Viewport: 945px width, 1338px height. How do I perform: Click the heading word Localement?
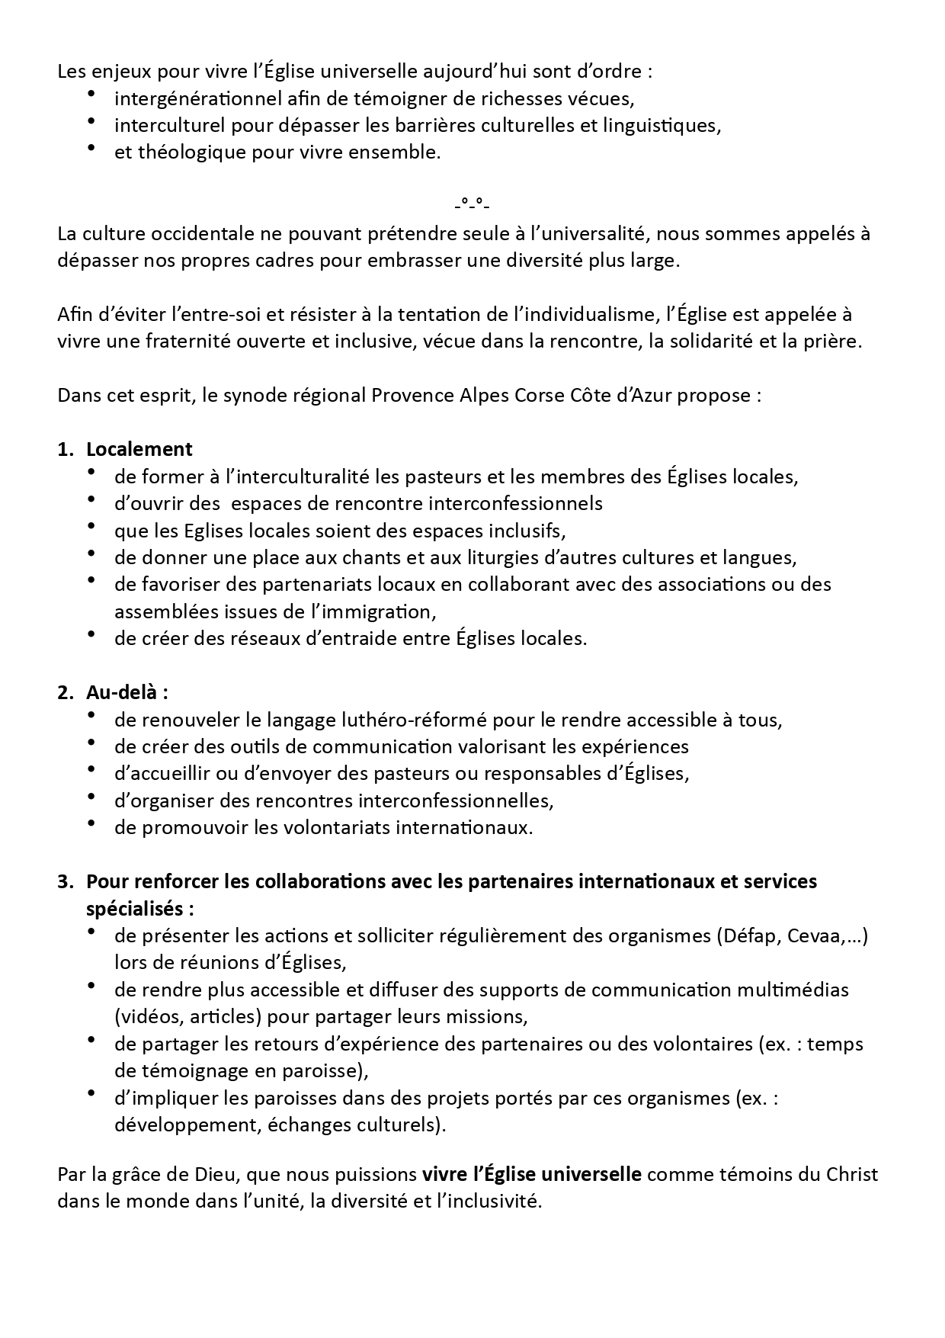click(x=139, y=449)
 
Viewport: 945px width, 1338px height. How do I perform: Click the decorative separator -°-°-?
click(x=472, y=204)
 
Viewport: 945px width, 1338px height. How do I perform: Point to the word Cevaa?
click(x=815, y=935)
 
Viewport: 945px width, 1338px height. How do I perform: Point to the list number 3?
click(x=64, y=881)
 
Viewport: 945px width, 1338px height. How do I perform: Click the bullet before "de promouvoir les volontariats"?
click(x=92, y=823)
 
